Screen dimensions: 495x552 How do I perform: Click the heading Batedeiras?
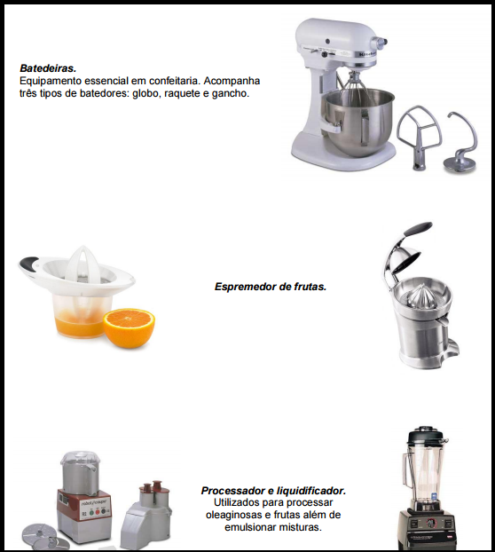[x=48, y=68]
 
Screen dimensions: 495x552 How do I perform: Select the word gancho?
[x=230, y=93]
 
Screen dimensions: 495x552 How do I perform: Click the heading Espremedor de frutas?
[x=271, y=287]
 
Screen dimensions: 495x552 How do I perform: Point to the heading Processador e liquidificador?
[x=273, y=491]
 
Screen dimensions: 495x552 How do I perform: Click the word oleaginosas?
[x=233, y=515]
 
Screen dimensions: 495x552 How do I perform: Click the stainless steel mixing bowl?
[x=359, y=120]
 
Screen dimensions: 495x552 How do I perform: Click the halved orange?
[x=129, y=327]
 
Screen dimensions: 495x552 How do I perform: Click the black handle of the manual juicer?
[x=29, y=263]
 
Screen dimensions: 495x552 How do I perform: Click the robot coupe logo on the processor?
[x=96, y=502]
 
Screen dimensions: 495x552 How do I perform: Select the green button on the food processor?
[x=91, y=513]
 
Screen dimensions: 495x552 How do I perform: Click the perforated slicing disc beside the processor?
[x=39, y=534]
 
